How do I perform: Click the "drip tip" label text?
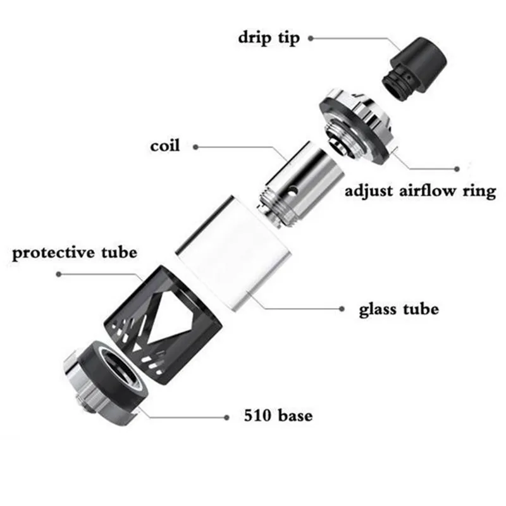(269, 37)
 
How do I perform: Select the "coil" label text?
(165, 146)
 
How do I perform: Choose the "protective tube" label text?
(75, 253)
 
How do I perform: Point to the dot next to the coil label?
(195, 147)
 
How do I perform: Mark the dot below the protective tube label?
(59, 274)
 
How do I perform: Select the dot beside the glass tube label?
(342, 310)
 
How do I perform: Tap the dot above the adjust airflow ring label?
(457, 168)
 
